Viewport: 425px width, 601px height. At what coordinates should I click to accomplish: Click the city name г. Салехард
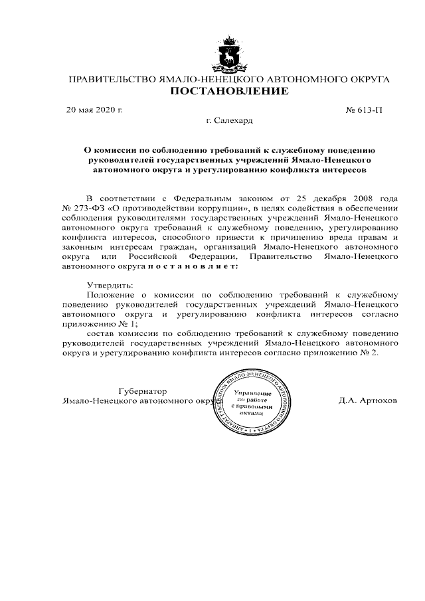[x=230, y=121]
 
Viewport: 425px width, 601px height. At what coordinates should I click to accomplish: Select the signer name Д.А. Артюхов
[x=368, y=401]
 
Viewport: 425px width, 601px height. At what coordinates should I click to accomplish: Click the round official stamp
[x=252, y=402]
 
